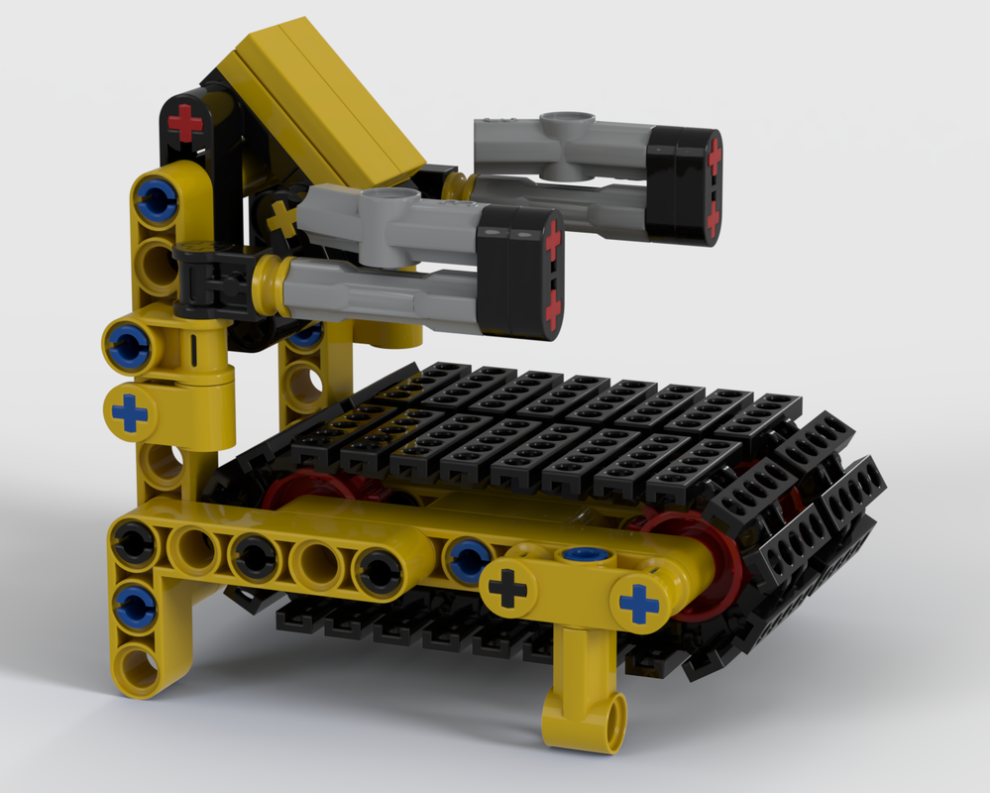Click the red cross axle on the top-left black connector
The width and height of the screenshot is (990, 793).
[184, 124]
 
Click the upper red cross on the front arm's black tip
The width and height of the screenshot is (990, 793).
[552, 238]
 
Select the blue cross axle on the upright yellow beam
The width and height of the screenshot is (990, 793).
[129, 412]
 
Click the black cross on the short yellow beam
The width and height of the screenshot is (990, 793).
[507, 589]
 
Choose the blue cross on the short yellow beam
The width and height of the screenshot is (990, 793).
[638, 603]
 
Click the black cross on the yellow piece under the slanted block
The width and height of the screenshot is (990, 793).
[283, 217]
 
